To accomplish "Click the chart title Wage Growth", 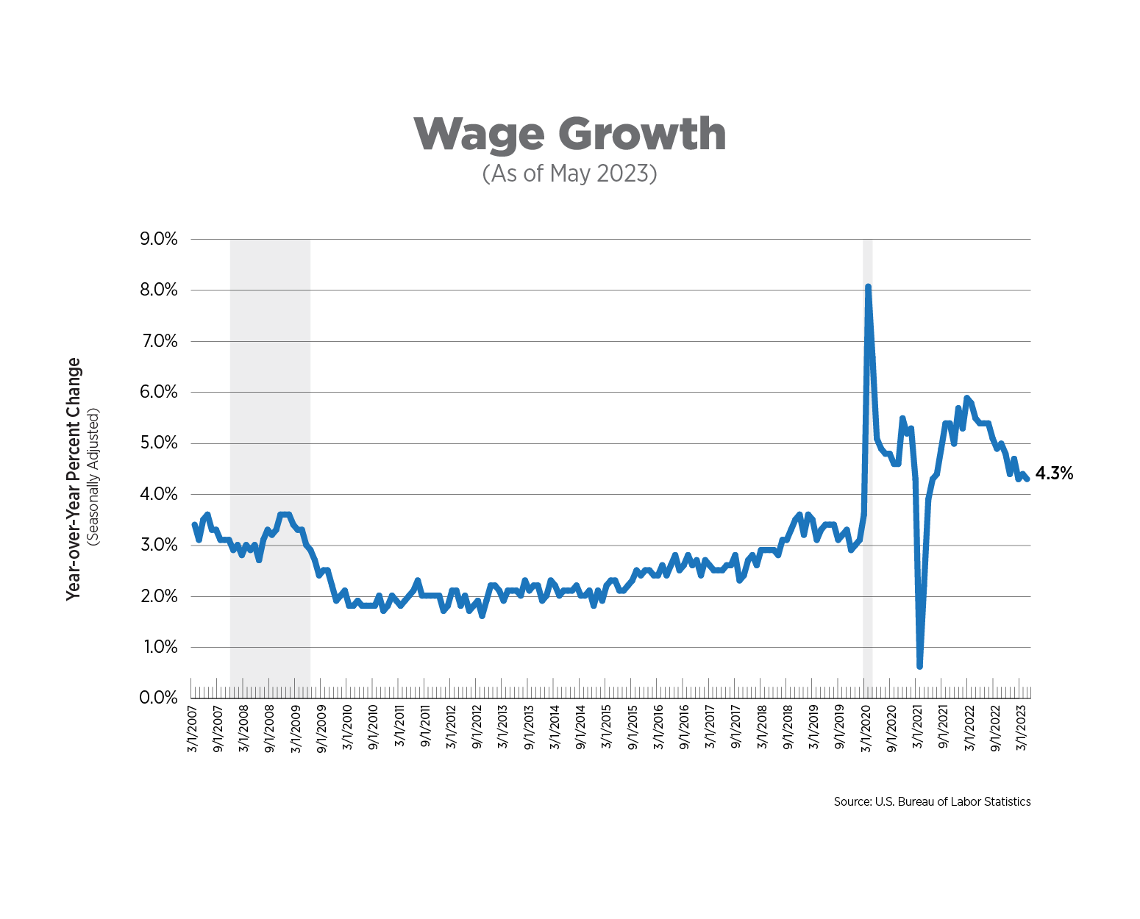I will [570, 134].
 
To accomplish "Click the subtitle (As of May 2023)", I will [570, 174].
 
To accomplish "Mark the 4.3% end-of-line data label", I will [1054, 473].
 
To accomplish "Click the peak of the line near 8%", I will [868, 287].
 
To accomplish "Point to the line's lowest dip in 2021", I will [919, 666].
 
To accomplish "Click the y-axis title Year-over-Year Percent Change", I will [73, 479].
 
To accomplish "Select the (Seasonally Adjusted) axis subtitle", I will [93, 479].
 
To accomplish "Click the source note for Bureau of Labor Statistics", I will [932, 801].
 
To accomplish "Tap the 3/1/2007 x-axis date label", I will [192, 728].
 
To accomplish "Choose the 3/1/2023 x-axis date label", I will [1021, 728].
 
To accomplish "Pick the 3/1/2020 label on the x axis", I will [866, 728].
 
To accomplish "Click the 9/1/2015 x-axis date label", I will [633, 728].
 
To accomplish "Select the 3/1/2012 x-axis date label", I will [451, 728].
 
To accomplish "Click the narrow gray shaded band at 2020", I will [868, 441].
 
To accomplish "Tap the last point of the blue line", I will [1027, 479].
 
